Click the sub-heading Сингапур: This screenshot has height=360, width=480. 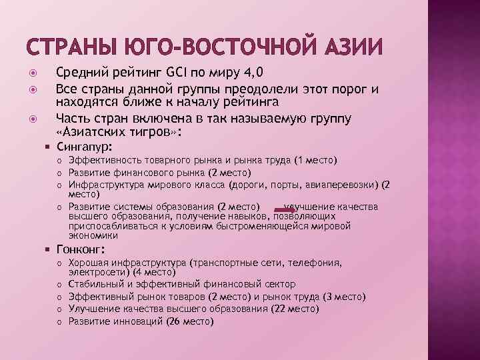tap(85, 146)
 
